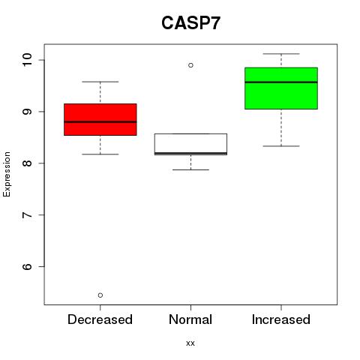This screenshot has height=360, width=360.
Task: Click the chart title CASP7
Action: click(190, 23)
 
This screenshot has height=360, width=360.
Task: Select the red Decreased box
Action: click(100, 119)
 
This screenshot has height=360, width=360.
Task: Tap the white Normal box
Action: click(190, 144)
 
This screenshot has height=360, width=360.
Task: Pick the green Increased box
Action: click(281, 88)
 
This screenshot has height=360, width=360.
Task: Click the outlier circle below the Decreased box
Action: click(100, 295)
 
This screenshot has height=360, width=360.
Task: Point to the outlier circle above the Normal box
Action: click(190, 65)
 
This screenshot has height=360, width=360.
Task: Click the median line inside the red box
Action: click(100, 122)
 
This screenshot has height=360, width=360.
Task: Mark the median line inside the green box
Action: click(281, 82)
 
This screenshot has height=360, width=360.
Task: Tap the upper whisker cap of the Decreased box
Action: click(100, 82)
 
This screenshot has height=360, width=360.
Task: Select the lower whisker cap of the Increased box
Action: click(281, 146)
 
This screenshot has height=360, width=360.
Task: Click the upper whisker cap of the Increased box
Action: click(281, 54)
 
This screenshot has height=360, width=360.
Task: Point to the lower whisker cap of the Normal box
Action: click(190, 169)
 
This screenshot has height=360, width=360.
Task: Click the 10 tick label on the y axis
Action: click(27, 60)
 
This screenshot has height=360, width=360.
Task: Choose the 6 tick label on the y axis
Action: click(27, 266)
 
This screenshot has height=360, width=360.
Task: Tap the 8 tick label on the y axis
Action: click(27, 163)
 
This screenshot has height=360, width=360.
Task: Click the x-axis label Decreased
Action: click(100, 319)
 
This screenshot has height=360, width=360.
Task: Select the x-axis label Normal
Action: click(190, 319)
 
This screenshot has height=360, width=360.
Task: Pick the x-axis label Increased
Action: click(281, 319)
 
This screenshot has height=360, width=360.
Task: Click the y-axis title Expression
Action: click(7, 174)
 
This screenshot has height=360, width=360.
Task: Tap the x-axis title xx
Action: click(190, 343)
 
